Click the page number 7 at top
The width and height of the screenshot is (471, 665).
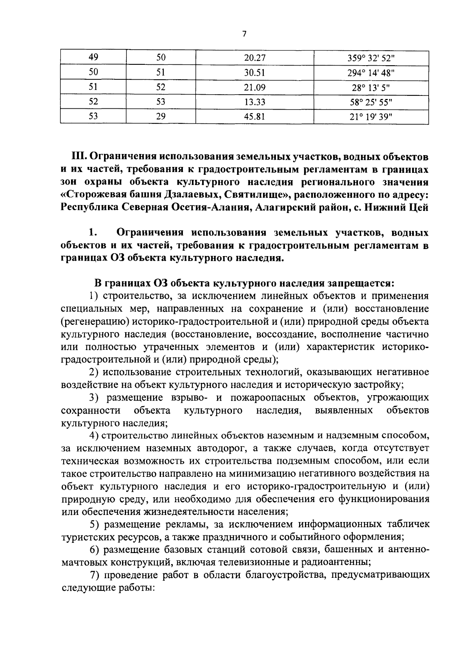244,34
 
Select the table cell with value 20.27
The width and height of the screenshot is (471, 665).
255,58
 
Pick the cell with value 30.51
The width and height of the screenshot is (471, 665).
255,73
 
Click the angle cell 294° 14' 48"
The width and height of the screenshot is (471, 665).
371,73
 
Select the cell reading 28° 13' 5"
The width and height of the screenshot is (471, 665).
371,87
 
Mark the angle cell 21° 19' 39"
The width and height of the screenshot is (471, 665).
371,117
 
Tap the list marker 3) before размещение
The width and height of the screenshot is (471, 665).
95,398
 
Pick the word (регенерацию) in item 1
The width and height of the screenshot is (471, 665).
93,322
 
